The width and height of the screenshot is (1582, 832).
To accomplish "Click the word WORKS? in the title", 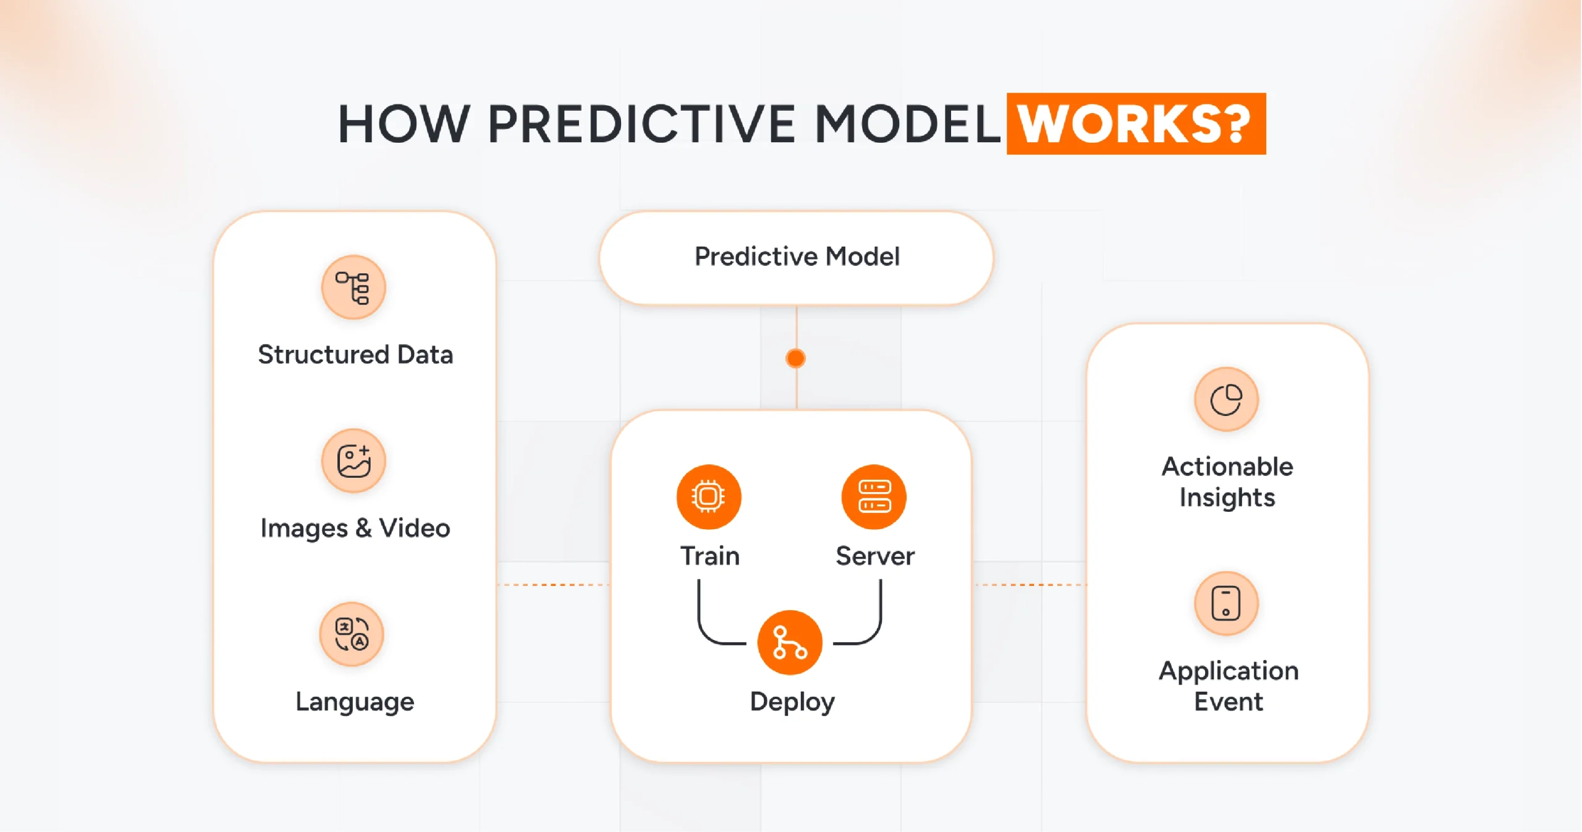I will click(1135, 124).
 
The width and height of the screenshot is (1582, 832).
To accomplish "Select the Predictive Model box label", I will click(797, 257).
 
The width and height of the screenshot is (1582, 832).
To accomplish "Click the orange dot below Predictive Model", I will click(795, 358).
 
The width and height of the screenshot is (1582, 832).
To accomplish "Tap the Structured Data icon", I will click(353, 287).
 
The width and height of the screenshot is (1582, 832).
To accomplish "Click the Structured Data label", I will click(355, 355).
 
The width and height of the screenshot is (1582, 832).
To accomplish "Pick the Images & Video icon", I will click(353, 461).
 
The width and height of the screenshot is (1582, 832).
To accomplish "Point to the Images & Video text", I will click(355, 528).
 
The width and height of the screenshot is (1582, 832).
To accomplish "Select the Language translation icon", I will click(352, 634).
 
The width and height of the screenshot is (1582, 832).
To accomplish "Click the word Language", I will click(355, 702).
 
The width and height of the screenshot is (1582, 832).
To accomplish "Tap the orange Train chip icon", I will click(708, 496).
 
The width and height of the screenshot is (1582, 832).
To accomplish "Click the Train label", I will click(709, 556).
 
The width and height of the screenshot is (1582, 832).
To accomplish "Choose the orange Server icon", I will click(874, 496).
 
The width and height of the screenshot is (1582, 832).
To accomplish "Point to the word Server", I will click(875, 556).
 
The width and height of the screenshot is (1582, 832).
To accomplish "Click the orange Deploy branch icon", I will click(789, 642).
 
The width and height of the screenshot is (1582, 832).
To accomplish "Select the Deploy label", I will click(792, 702).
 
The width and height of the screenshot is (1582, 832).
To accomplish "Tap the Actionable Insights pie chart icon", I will click(1226, 399).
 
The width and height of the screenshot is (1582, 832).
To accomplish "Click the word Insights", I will click(1227, 498).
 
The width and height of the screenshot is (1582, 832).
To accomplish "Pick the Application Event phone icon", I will click(1226, 603).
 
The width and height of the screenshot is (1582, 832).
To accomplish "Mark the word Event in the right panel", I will click(1228, 702).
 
